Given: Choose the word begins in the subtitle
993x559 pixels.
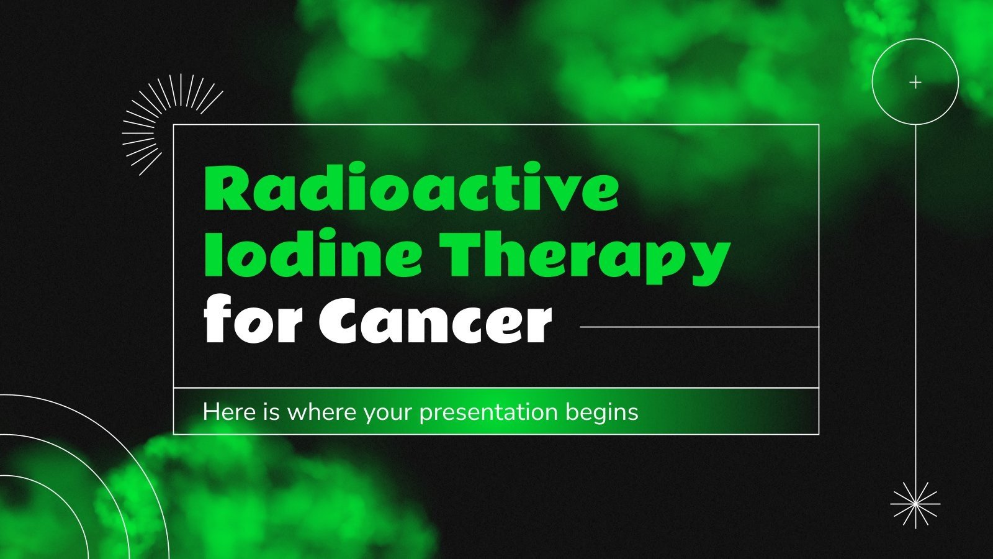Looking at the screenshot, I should [x=601, y=412].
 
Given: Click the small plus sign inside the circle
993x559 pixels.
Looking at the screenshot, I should [x=915, y=82].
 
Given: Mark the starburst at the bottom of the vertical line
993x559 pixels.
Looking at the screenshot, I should [x=915, y=504].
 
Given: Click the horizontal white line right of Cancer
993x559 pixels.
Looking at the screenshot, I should [x=698, y=327].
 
